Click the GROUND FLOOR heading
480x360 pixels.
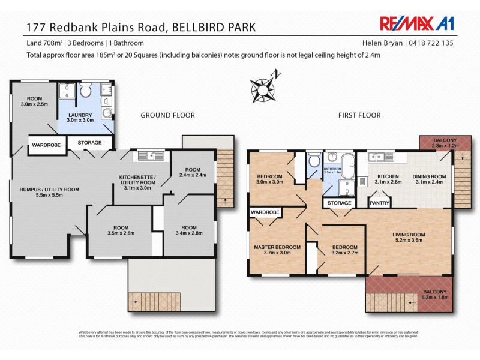click(164, 115)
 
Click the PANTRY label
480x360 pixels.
click(380, 203)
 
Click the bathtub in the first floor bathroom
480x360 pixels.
click(347, 163)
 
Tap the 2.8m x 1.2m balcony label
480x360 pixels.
click(437, 143)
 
